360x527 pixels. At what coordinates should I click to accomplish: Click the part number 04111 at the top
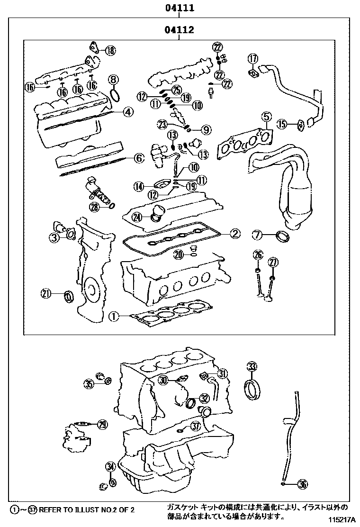(x=180, y=8)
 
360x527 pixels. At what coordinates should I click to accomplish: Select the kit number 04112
(x=180, y=31)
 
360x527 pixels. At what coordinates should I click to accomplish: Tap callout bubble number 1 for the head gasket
(x=113, y=315)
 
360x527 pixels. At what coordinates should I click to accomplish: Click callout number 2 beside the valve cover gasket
(x=235, y=233)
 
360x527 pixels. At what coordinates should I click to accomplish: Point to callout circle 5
(x=266, y=116)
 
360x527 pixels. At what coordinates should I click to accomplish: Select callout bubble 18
(x=109, y=50)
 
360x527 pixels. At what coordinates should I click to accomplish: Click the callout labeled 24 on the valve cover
(x=137, y=217)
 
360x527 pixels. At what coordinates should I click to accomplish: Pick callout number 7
(x=256, y=234)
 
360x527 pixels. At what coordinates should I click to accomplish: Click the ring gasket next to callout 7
(x=283, y=236)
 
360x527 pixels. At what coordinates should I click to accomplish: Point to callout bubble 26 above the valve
(x=258, y=254)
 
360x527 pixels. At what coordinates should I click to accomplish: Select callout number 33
(x=252, y=366)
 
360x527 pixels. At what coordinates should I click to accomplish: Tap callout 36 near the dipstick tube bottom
(x=303, y=484)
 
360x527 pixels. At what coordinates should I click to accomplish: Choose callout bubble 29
(x=102, y=425)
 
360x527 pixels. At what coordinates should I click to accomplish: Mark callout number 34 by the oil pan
(x=110, y=466)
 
